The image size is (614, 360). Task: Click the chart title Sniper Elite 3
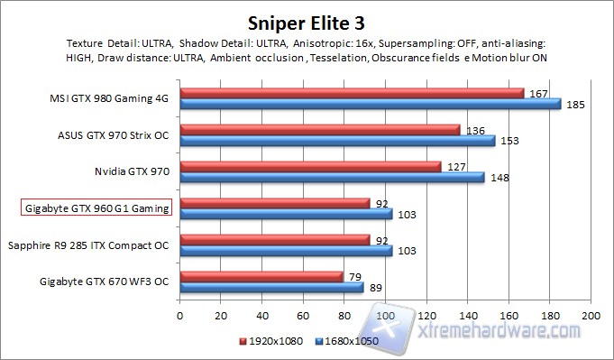[307, 21]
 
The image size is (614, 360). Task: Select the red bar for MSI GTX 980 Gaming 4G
[352, 93]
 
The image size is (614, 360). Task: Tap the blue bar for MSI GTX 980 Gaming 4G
[370, 104]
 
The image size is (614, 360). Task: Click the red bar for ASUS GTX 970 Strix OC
[320, 130]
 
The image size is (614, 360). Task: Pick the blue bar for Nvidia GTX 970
[332, 177]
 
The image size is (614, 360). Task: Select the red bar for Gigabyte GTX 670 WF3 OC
[261, 276]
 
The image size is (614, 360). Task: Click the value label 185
[575, 105]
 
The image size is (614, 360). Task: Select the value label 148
[499, 178]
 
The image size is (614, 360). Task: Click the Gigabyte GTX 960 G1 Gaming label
[96, 208]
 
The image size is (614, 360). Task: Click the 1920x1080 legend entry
[266, 342]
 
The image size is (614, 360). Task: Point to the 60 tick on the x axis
[304, 317]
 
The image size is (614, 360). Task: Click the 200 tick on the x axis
[591, 317]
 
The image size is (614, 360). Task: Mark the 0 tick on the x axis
[180, 317]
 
